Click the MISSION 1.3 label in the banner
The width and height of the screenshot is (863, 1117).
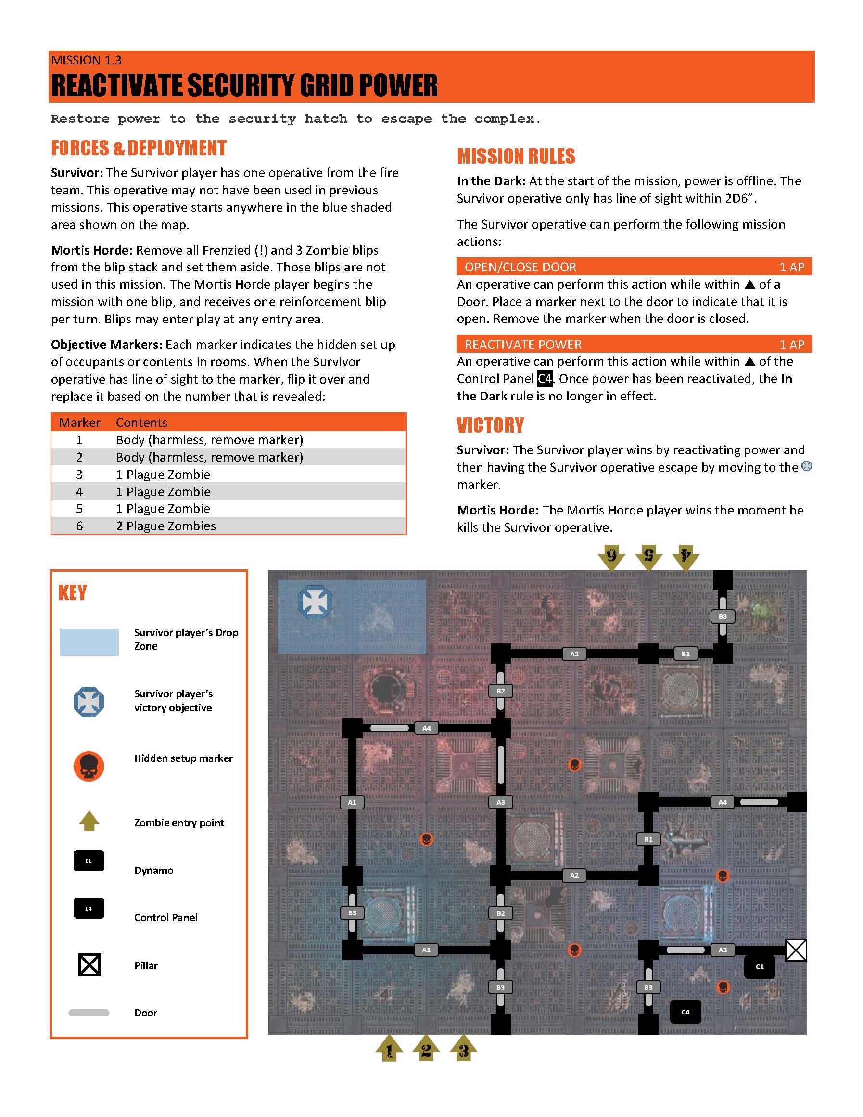[x=87, y=60]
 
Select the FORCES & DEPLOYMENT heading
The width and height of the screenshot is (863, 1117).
[x=139, y=148]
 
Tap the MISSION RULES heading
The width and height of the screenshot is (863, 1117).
[x=516, y=156]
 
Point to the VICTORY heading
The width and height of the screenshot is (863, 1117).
[x=490, y=425]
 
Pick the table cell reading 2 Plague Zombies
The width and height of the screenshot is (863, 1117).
[x=165, y=526]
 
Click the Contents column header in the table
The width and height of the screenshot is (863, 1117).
[x=141, y=423]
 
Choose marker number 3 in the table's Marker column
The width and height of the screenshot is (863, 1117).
[x=79, y=475]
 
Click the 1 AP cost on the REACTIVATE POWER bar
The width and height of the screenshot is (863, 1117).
[x=791, y=345]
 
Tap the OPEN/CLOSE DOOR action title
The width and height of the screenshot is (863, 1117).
[x=520, y=267]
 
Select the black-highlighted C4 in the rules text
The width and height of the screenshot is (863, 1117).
[x=545, y=379]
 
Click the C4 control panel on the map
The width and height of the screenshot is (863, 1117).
[x=685, y=1012]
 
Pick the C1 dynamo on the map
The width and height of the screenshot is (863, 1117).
[x=760, y=967]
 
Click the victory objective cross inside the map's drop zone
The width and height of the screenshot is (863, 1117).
[x=315, y=602]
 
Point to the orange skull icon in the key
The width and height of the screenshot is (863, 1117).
[x=89, y=766]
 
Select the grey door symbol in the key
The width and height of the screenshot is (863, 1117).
[x=89, y=1013]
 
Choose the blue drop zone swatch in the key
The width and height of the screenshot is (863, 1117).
[x=89, y=642]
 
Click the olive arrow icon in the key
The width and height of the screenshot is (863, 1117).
[x=89, y=821]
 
